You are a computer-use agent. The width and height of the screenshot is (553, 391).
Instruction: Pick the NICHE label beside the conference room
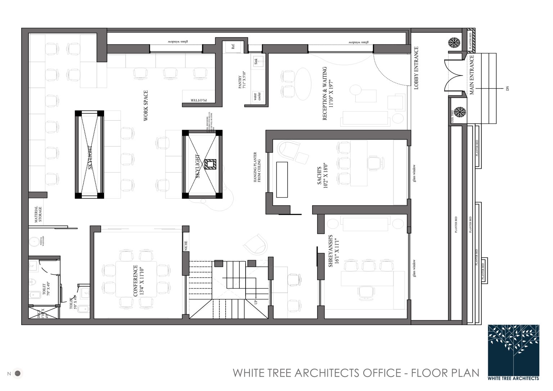pyautogui.click(x=186, y=246)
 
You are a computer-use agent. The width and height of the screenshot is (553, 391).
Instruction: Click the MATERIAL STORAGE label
pyautogui.click(x=38, y=214)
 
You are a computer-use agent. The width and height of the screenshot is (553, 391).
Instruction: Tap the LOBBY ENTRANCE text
pyautogui.click(x=417, y=68)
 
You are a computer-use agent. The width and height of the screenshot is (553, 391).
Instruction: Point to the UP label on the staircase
pyautogui.click(x=256, y=302)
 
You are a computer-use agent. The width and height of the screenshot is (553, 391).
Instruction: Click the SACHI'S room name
pyautogui.click(x=319, y=176)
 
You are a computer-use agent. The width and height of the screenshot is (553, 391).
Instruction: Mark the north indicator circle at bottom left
pyautogui.click(x=18, y=373)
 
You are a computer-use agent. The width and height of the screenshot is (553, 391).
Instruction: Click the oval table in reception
pyautogui.click(x=304, y=84)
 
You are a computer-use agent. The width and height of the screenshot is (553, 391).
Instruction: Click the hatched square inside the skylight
pyautogui.click(x=210, y=164)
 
